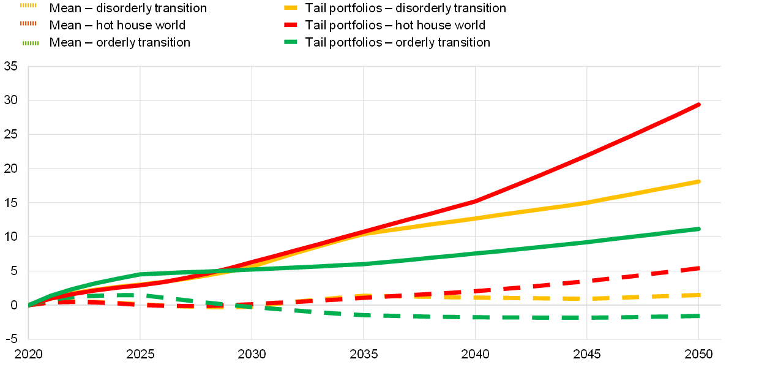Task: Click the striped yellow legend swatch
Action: pyautogui.click(x=28, y=5)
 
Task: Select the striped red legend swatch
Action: pyautogui.click(x=28, y=23)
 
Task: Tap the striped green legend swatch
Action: pyautogui.click(x=30, y=43)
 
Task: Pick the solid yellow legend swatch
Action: pyautogui.click(x=291, y=7)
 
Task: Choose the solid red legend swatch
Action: pyautogui.click(x=291, y=25)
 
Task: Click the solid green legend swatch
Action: pyautogui.click(x=291, y=42)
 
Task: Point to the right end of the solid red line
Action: pyautogui.click(x=698, y=105)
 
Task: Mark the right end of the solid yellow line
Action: pyautogui.click(x=698, y=181)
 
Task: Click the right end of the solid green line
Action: pyautogui.click(x=698, y=229)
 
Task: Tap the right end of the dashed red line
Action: pyautogui.click(x=698, y=268)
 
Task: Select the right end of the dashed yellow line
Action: pyautogui.click(x=698, y=295)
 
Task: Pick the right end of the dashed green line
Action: pyautogui.click(x=698, y=316)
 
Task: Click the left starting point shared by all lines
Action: pyautogui.click(x=29, y=305)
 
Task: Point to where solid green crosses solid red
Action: pyautogui.click(x=217, y=271)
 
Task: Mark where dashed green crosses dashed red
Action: pyautogui.click(x=244, y=305)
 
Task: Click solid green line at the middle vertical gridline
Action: pyautogui.click(x=364, y=264)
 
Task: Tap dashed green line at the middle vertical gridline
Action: pyautogui.click(x=364, y=315)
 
